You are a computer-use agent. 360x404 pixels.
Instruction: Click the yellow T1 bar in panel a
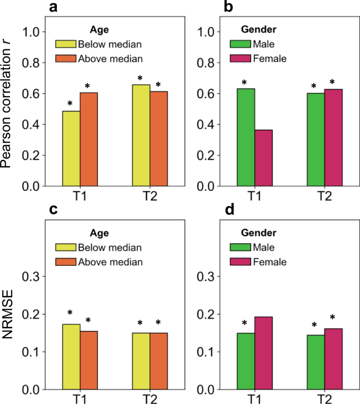click(x=71, y=149)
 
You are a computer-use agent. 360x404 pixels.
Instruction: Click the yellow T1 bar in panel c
click(x=71, y=357)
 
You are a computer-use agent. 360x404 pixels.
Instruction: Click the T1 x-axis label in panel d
click(x=255, y=399)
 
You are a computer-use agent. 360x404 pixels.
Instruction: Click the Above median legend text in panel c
click(x=110, y=262)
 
